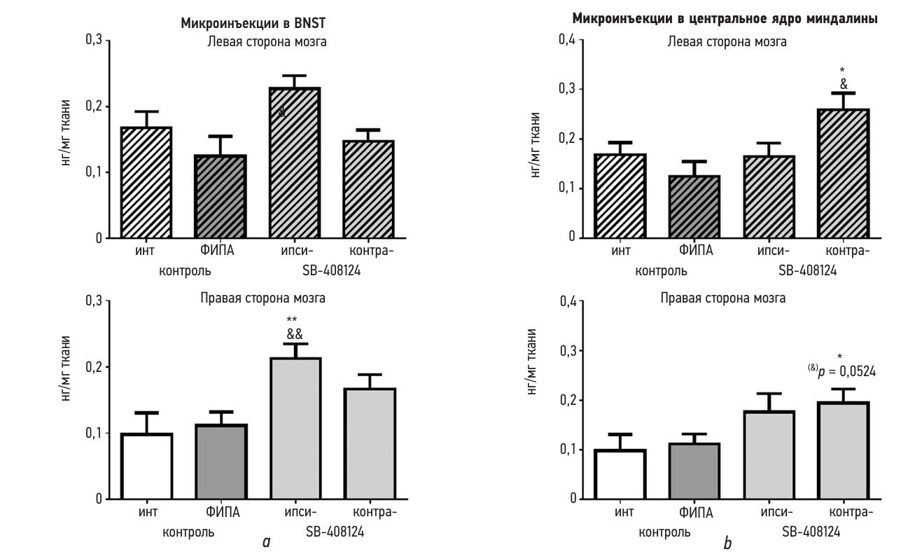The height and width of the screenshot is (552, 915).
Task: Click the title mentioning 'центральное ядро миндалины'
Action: [x=725, y=19]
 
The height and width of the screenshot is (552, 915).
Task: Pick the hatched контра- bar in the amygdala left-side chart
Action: [x=843, y=174]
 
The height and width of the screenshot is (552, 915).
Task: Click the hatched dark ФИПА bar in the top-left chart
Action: [x=221, y=197]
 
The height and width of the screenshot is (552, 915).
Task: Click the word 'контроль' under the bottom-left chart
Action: [x=188, y=532]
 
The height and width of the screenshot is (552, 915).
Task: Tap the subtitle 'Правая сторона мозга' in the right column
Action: [x=723, y=298]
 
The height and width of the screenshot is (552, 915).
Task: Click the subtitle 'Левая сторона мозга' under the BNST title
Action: [x=266, y=42]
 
